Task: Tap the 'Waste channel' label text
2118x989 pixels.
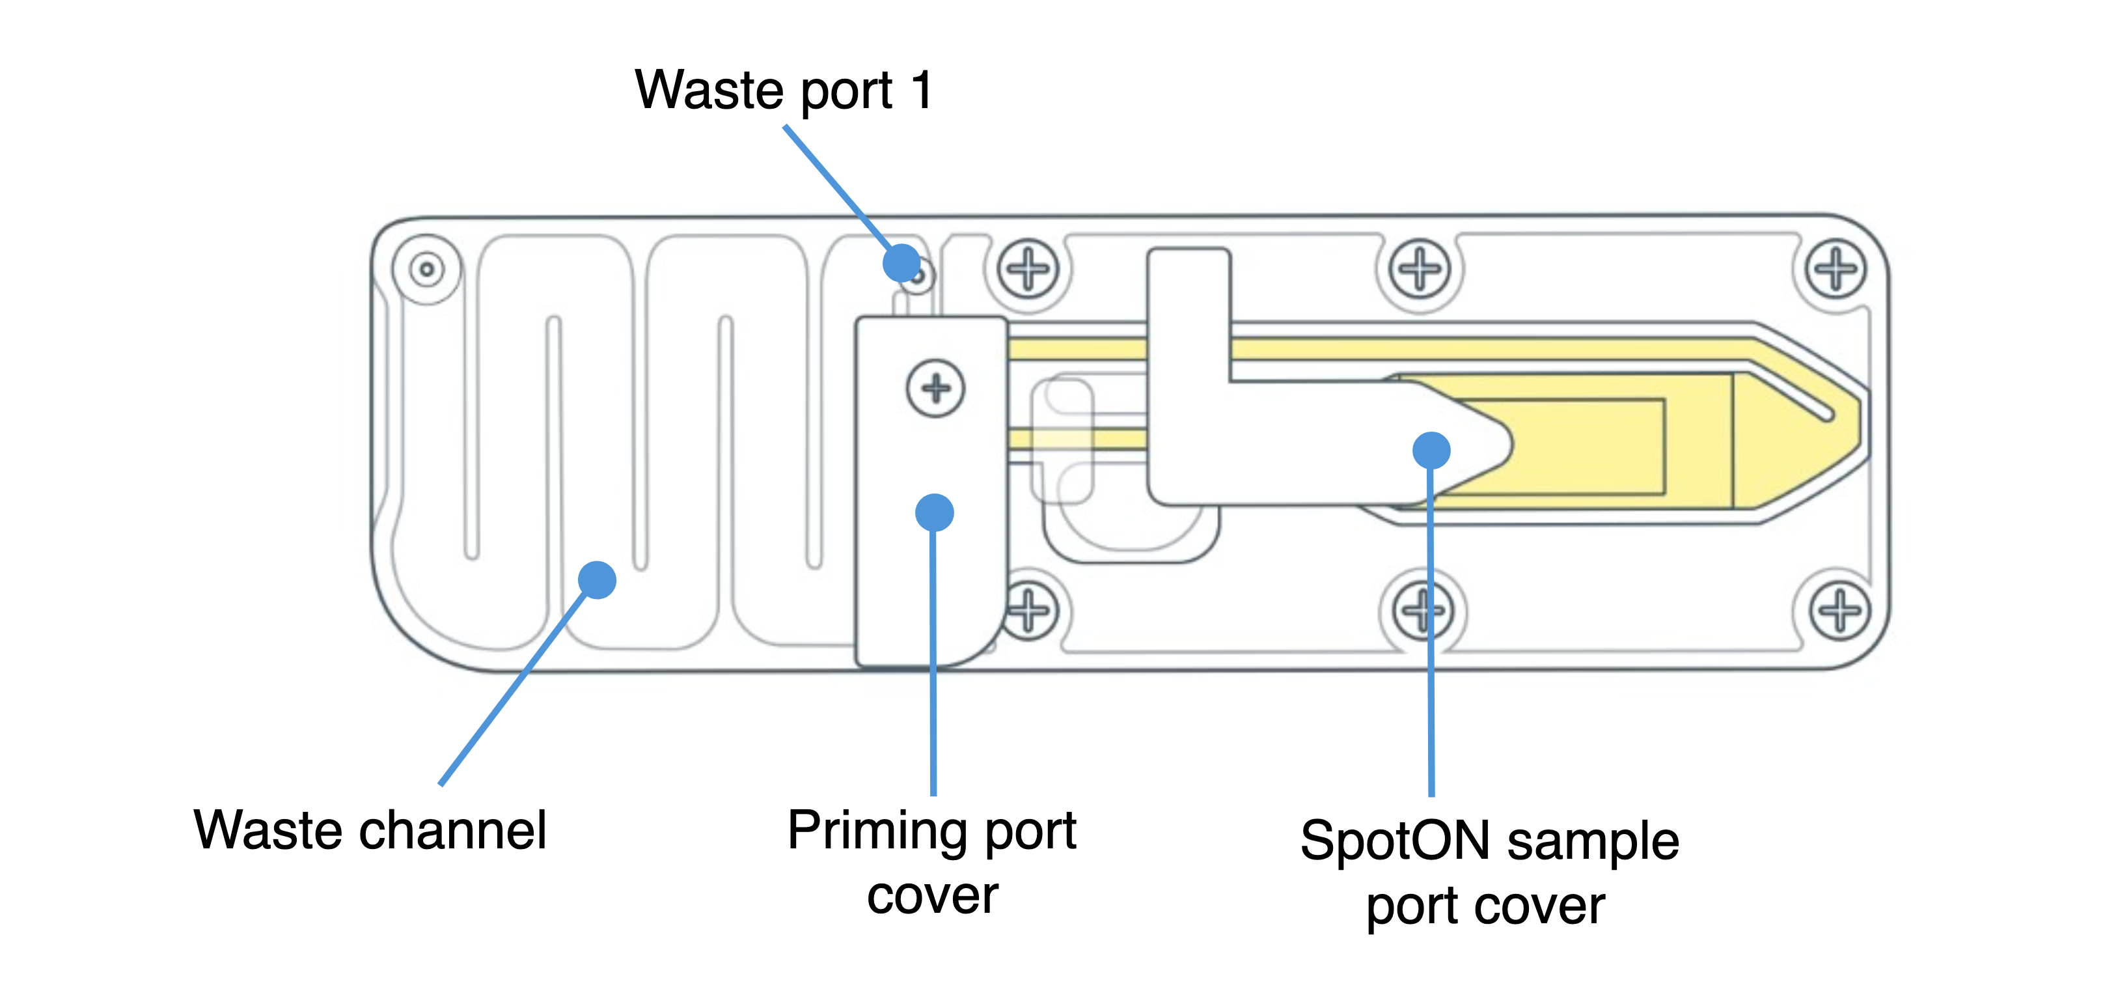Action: [x=370, y=829]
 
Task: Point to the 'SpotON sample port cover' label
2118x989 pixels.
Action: [x=1488, y=871]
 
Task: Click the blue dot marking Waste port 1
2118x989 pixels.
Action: [x=901, y=263]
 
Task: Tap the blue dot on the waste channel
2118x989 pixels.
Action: [x=597, y=579]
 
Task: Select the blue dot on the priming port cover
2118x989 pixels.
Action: [x=934, y=512]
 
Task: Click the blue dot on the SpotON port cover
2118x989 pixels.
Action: [x=1431, y=450]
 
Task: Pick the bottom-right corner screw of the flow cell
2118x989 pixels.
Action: [x=1840, y=611]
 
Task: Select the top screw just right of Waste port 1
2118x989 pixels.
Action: [x=1028, y=268]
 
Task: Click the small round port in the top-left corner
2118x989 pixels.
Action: [x=427, y=269]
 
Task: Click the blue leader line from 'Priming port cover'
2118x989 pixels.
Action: [x=933, y=658]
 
